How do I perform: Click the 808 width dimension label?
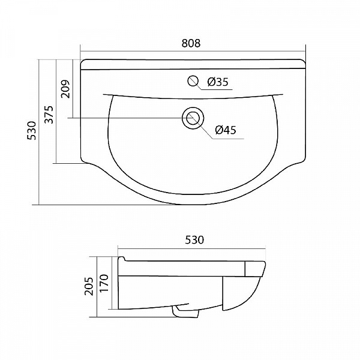pos(191,43)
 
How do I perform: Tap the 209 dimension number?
pos(65,89)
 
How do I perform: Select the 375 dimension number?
pos(49,115)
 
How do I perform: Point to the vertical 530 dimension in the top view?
pos(32,131)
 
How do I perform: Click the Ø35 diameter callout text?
pos(218,82)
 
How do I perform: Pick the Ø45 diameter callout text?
pos(226,130)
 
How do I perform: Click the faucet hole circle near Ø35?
pos(193,80)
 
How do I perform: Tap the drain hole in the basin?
pos(193,118)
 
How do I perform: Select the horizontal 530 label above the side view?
pos(194,240)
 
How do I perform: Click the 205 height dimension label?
pos(89,286)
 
